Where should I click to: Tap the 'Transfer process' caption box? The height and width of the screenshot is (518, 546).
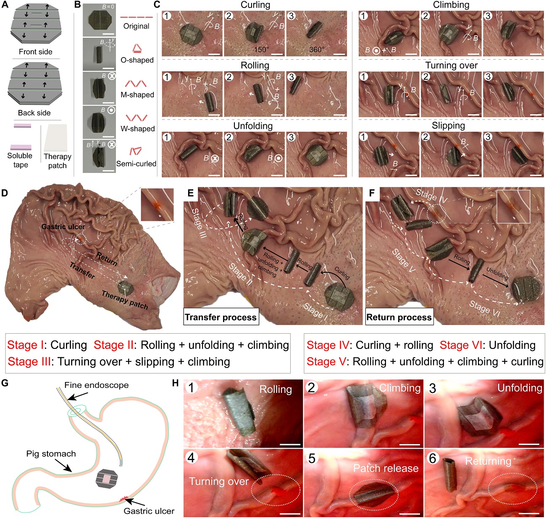click(x=220, y=317)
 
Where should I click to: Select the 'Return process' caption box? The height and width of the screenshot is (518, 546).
click(x=399, y=317)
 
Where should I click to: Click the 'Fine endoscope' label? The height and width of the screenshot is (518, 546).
click(x=97, y=385)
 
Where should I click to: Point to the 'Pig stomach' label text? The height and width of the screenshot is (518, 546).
click(x=51, y=454)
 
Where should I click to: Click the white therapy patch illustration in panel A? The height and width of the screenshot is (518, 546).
click(x=57, y=138)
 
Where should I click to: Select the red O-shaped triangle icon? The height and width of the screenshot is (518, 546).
click(x=137, y=47)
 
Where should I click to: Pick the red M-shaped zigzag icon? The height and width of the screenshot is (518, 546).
click(x=137, y=83)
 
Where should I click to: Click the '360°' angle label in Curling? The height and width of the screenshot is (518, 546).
click(x=317, y=50)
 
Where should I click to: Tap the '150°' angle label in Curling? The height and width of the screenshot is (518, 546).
click(x=261, y=50)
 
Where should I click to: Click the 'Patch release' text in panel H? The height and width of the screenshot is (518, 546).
click(x=386, y=468)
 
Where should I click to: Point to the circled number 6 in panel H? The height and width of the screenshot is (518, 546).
click(x=433, y=458)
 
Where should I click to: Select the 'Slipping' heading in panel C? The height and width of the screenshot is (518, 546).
click(x=448, y=126)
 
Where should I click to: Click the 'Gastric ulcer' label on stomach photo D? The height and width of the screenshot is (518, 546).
click(x=63, y=227)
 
